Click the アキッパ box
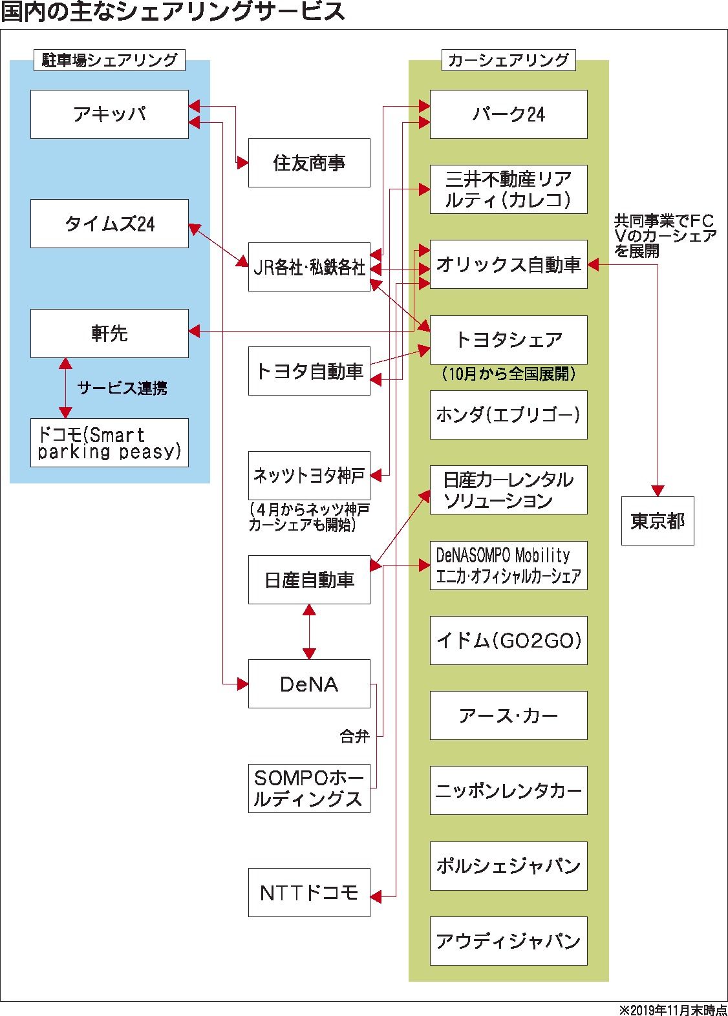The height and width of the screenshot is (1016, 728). pos(109,114)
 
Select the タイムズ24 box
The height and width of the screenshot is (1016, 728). pos(109,224)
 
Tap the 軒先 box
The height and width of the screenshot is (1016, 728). pos(109,333)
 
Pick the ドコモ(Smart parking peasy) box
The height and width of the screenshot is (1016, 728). pos(109,443)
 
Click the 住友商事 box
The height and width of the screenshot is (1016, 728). pos(309,163)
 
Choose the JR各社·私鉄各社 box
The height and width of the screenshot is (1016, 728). pos(309,267)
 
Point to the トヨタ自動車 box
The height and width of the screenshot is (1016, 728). pos(309,371)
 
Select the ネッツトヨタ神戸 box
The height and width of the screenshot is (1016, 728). pos(309,476)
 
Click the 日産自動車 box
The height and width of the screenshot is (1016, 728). pos(309,580)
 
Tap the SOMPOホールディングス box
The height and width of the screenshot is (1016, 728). pos(309,788)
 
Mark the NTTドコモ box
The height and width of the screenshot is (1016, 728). pos(309,893)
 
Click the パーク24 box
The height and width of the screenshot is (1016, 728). pos(508,114)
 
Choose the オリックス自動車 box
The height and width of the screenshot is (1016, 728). pos(508,264)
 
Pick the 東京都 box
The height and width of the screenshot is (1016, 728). pos(658,521)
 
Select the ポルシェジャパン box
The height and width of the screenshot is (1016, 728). pos(508,865)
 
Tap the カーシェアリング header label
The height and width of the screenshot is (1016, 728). pos(508,60)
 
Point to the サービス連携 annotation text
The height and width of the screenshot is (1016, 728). pos(122,388)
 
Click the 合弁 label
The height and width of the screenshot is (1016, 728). pos(354,736)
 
